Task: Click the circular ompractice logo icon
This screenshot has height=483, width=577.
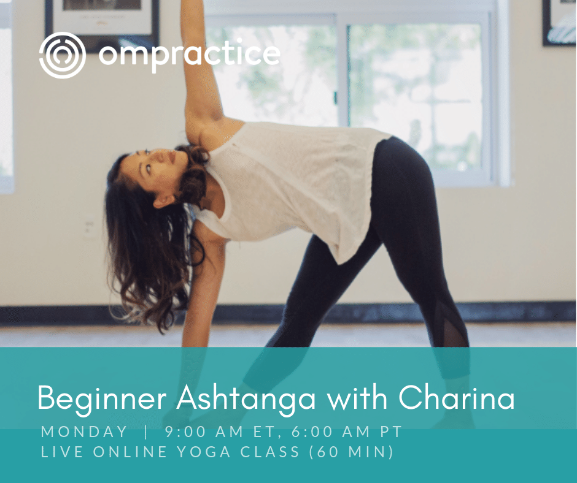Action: click(x=63, y=55)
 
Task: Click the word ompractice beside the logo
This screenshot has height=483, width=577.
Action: click(x=189, y=55)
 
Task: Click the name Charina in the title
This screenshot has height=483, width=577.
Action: click(x=456, y=398)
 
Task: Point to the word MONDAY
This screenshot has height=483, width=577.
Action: click(x=84, y=432)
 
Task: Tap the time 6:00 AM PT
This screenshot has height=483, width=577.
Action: click(x=346, y=432)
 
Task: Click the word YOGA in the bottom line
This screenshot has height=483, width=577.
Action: click(x=204, y=452)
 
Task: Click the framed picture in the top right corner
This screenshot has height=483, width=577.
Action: click(x=559, y=22)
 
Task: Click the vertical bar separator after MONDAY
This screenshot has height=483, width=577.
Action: click(x=147, y=432)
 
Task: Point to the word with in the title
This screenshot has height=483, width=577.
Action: click(x=357, y=398)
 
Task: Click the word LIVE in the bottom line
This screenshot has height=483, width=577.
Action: click(x=62, y=452)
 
